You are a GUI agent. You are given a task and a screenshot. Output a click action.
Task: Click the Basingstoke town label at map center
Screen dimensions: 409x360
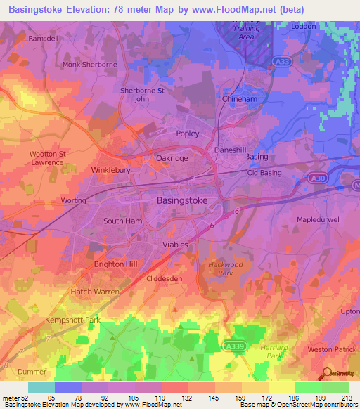[x=178, y=200]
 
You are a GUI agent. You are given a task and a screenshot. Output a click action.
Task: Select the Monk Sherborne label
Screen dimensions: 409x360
[x=90, y=64]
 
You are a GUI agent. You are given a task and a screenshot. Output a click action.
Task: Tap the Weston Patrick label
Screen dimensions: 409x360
[x=329, y=349]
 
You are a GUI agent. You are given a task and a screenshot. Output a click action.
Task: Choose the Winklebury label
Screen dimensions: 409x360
[x=112, y=170]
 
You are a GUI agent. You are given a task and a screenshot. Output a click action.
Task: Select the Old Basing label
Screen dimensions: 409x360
[x=264, y=173]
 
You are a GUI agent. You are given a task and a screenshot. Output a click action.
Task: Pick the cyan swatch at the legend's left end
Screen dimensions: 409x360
[x=41, y=387]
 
